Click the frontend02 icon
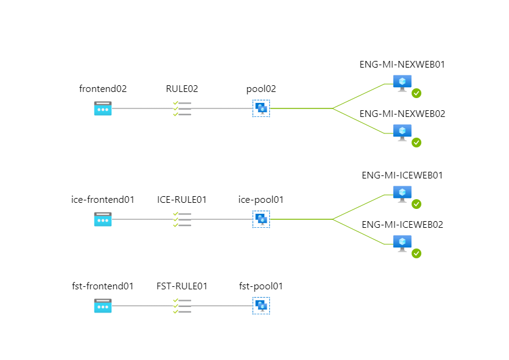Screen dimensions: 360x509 point(103,108)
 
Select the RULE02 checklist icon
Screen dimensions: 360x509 point(182,108)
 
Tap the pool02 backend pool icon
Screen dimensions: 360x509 point(261,108)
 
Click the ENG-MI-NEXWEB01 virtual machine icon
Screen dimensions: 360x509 point(402,82)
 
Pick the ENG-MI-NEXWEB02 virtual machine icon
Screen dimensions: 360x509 point(402,132)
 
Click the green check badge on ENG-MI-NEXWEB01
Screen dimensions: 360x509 point(416,93)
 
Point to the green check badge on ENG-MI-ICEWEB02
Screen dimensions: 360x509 point(416,253)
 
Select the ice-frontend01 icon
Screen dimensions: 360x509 point(103,219)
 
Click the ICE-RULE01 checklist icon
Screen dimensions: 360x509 point(182,219)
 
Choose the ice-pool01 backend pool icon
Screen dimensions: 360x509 point(261,219)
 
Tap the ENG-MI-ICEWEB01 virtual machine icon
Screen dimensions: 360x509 point(402,193)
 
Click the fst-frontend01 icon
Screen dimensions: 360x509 point(103,306)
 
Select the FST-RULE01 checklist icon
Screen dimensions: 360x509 point(182,306)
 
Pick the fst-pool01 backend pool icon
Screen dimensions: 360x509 point(261,306)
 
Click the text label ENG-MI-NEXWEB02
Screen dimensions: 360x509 point(402,113)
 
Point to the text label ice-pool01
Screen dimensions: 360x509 point(261,199)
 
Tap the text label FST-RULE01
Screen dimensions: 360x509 point(182,286)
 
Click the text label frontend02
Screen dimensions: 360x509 point(103,88)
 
